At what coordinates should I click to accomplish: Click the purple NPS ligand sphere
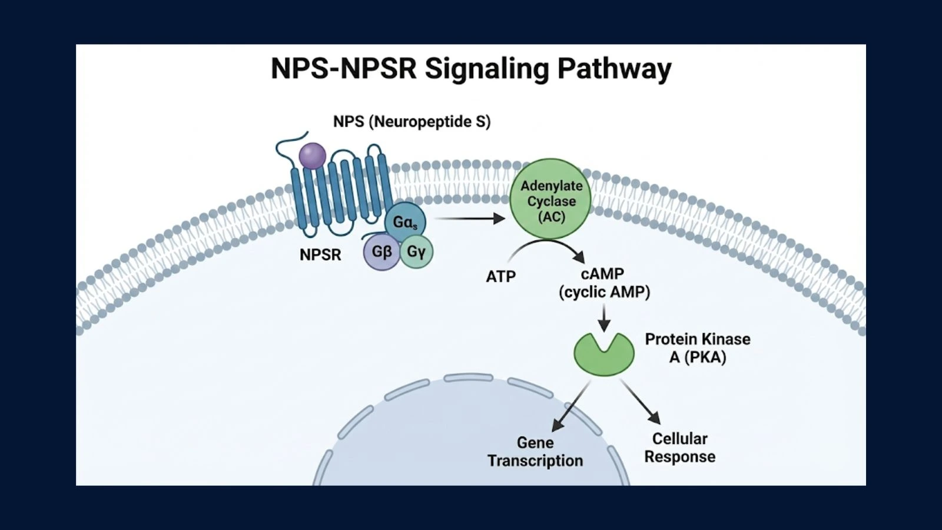(312, 156)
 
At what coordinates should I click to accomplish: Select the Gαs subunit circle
(405, 223)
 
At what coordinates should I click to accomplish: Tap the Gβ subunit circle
(382, 252)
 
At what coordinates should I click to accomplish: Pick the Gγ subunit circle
(416, 252)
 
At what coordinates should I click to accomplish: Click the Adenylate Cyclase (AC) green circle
(551, 199)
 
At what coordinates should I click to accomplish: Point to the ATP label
(500, 276)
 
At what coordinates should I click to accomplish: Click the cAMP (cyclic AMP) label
(604, 283)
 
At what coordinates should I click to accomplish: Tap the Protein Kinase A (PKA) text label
(698, 348)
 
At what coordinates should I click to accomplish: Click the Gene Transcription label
(535, 452)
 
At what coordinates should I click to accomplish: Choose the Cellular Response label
(680, 448)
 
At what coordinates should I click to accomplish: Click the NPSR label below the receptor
(320, 254)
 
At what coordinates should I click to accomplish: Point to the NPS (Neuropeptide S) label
(412, 121)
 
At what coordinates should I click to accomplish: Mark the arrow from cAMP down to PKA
(604, 319)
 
